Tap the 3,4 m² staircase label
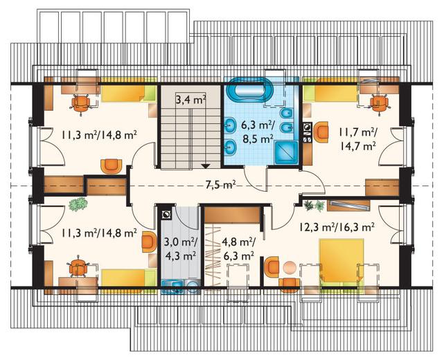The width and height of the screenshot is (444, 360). point(190,100)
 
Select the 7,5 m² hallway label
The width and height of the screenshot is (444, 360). point(221,185)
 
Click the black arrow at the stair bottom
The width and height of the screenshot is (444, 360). point(206,166)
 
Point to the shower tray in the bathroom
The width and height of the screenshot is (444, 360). point(286,153)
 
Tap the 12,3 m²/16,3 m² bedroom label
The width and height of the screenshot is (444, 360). point(337,226)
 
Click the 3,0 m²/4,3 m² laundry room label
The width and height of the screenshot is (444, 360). point(181,249)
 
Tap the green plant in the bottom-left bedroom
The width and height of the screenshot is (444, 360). point(78,204)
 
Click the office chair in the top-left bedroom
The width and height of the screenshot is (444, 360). point(81,104)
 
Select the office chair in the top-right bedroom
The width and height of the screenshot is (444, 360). point(380,104)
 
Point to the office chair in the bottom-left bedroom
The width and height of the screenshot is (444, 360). point(78,267)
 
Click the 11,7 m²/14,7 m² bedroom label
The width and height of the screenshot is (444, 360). point(357,138)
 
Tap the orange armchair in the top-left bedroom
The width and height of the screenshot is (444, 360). point(112,166)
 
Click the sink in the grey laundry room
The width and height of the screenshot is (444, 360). point(172,287)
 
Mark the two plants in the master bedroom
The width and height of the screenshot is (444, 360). point(314,206)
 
